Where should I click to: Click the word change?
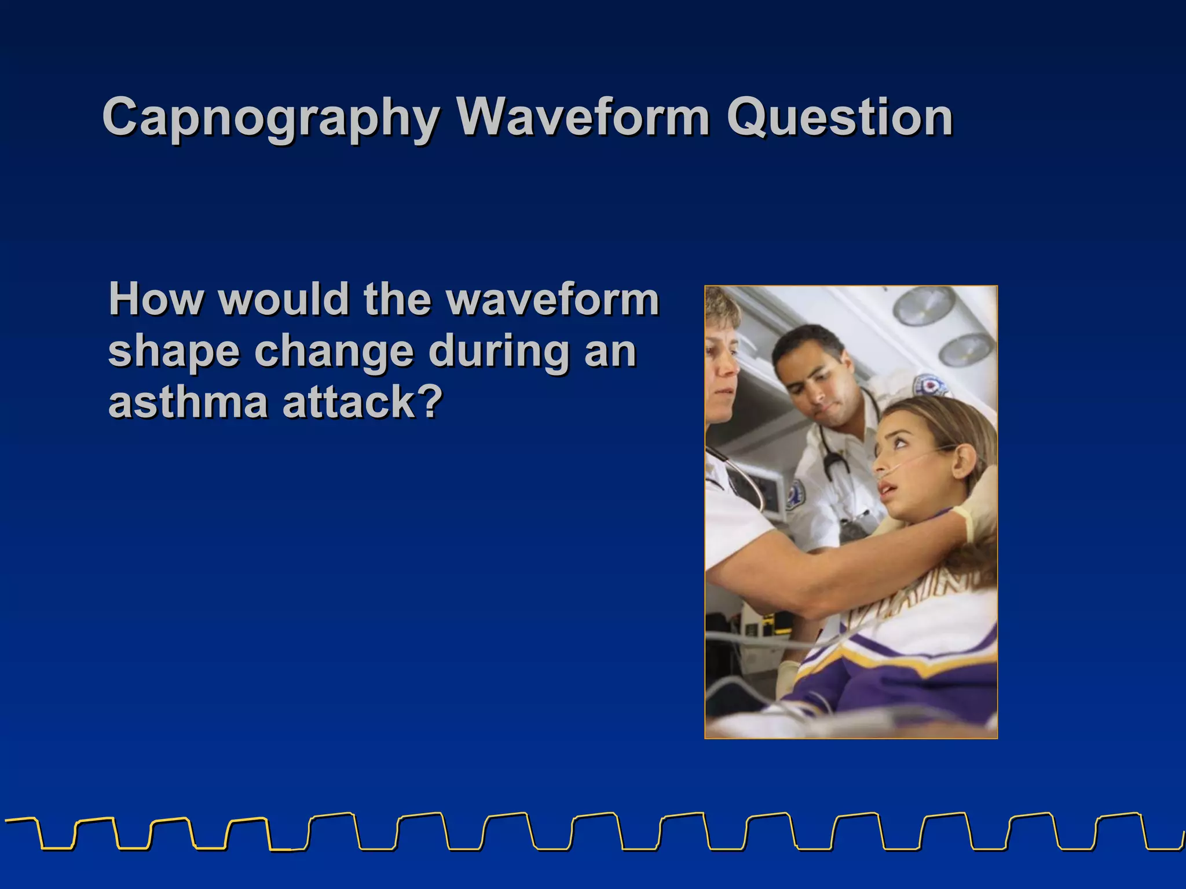coord(333,352)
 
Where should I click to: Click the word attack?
coord(347,402)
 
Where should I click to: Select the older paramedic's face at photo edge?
coord(721,370)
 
